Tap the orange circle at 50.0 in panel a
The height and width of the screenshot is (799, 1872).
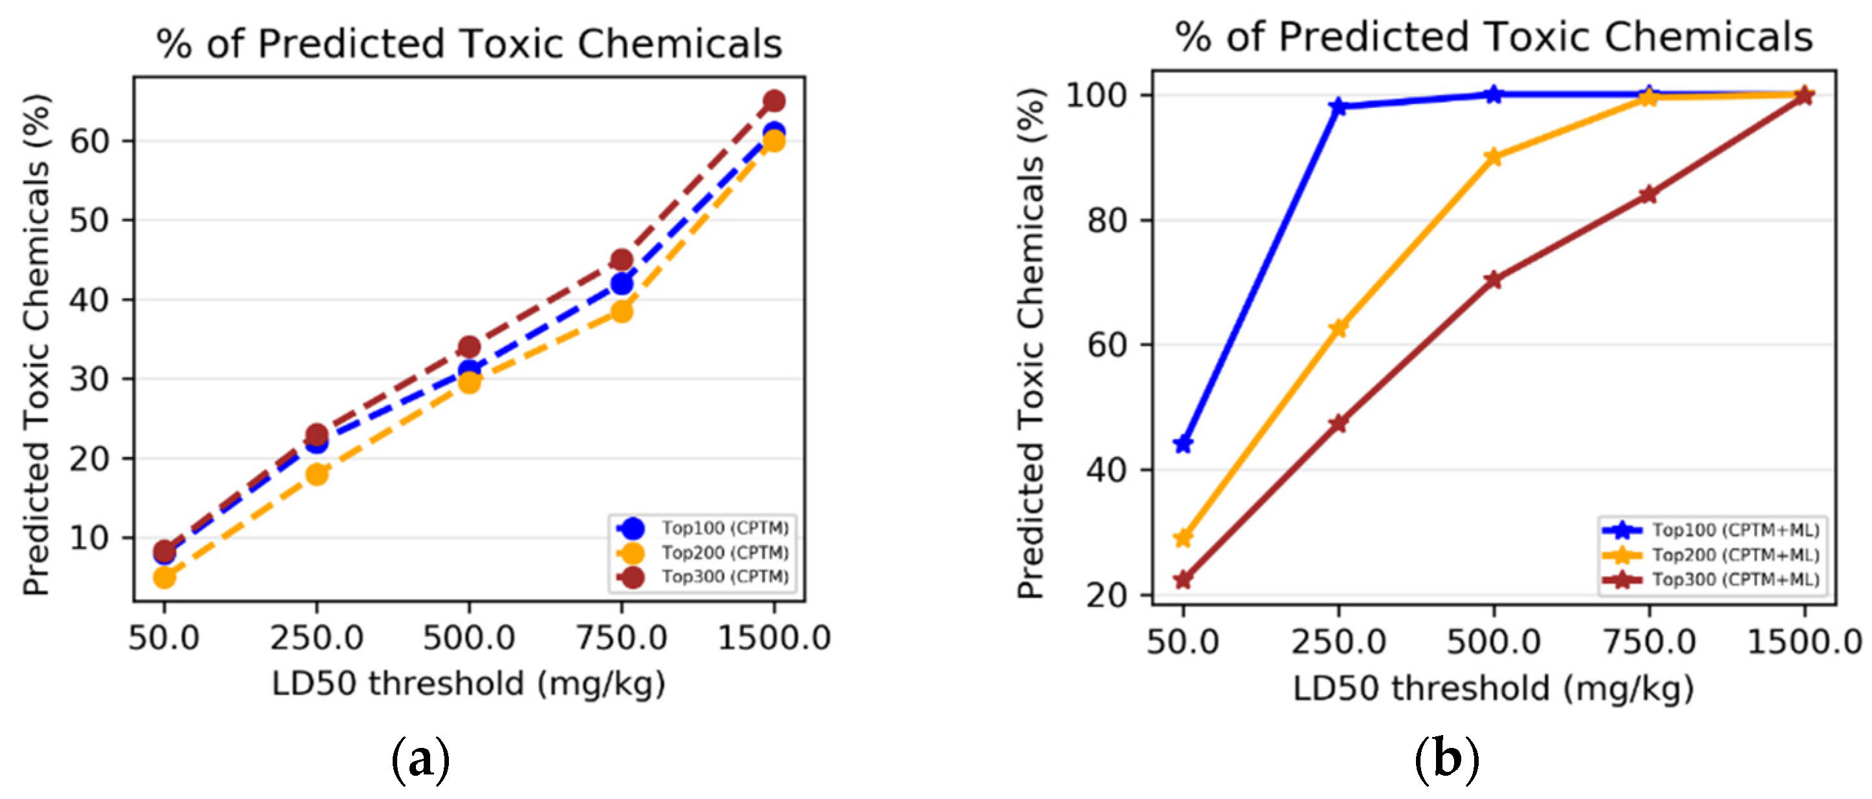[164, 577]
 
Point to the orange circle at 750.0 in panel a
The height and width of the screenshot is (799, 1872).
[622, 312]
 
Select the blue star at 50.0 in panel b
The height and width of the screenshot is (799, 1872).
[1183, 444]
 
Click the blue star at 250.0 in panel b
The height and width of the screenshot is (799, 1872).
[1338, 107]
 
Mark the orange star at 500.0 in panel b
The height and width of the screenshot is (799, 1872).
[1494, 157]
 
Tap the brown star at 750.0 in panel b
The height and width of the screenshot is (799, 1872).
[1648, 195]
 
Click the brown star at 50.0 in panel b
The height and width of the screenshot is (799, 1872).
[1183, 580]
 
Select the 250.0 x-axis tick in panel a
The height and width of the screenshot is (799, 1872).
[316, 639]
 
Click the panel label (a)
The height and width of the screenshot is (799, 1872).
[420, 760]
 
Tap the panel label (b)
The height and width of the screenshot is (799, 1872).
[1446, 760]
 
